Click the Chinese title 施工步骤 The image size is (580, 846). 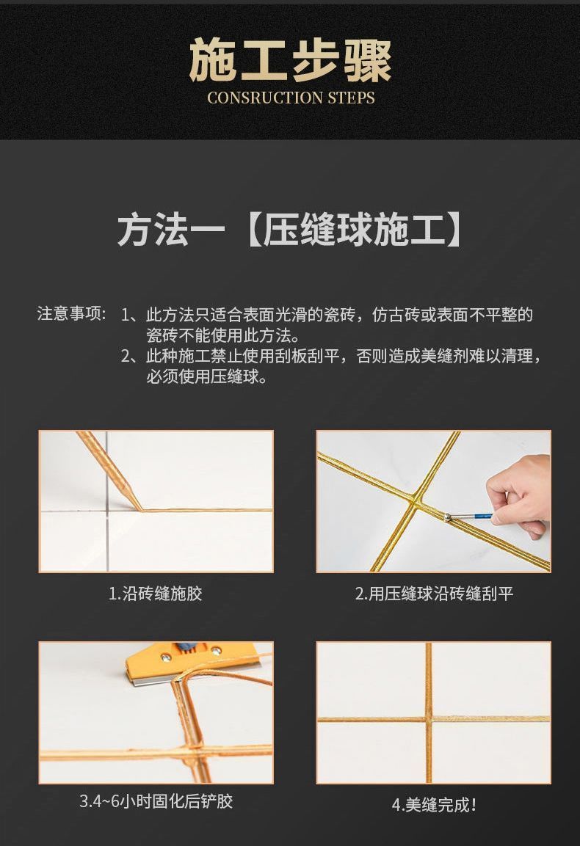[290, 60]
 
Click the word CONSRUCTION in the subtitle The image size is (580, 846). [264, 98]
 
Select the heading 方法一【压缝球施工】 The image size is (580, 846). [290, 230]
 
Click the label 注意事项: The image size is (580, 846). [72, 313]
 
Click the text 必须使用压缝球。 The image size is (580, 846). [208, 376]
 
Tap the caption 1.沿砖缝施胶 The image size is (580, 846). [156, 594]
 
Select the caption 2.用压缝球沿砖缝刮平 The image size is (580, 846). [434, 594]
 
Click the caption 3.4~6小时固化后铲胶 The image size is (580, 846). [156, 801]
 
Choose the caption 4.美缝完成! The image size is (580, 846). [434, 805]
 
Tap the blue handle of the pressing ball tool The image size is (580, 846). [477, 517]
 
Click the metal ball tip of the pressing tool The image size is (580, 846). [448, 518]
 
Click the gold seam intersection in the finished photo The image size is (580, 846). [429, 718]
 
